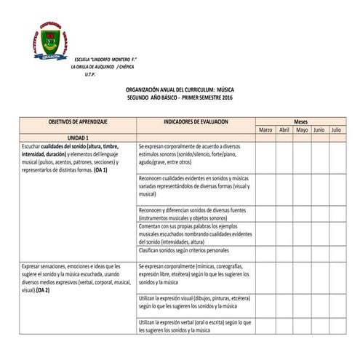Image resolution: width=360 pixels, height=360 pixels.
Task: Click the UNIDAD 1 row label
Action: click(78, 137)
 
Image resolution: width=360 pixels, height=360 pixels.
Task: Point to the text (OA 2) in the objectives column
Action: click(42, 289)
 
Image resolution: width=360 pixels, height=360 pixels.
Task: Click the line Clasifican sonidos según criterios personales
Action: click(183, 249)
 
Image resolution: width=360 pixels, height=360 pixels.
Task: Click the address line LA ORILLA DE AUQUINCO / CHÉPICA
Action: click(108, 66)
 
